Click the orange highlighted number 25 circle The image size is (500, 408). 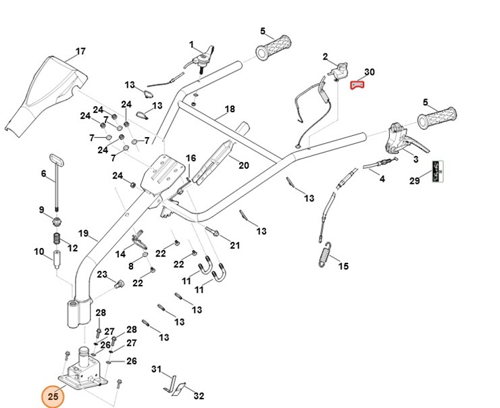point(52,397)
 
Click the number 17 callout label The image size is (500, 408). point(80,51)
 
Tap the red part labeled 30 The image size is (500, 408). point(357,84)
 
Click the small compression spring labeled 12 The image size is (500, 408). point(57,240)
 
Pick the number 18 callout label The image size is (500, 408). point(229,109)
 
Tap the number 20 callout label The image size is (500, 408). point(243,165)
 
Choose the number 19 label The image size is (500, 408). point(83,234)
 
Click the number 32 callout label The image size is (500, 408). point(198,396)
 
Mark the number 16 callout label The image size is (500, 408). point(191,158)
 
